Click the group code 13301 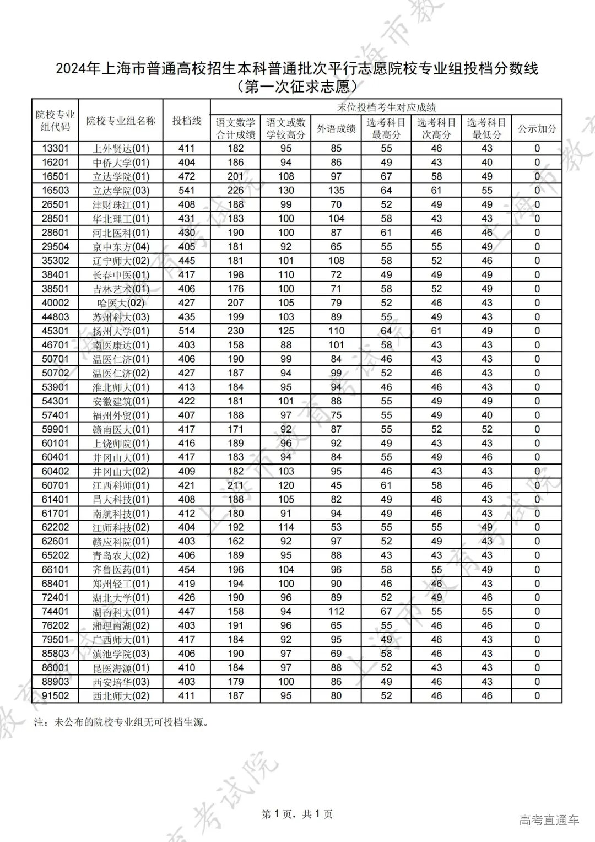55,148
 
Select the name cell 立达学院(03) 121,191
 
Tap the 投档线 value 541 187,190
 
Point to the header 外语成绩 336,129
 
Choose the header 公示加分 537,129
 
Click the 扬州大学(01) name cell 121,331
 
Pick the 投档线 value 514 187,331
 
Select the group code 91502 55,696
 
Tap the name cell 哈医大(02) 121,303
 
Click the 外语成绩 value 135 336,190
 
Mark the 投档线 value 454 187,569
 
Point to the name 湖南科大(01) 121,612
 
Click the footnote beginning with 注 121,722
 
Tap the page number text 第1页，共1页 297,814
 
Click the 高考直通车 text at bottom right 549,821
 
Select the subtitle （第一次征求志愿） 297,87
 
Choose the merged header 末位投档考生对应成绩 386,107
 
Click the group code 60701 55,485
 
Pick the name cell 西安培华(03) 121,682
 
